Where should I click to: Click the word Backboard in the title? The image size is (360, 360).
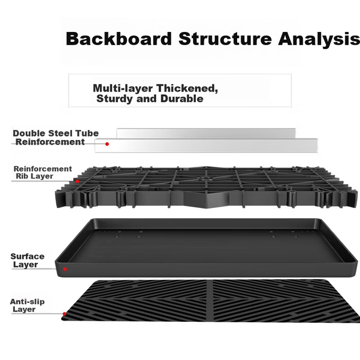119,39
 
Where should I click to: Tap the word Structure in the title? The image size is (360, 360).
225,39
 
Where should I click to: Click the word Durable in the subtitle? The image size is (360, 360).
182,99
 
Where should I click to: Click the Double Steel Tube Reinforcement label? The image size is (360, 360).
56,138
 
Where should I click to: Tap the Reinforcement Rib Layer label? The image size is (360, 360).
43,173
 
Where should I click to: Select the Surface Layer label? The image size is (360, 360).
27,261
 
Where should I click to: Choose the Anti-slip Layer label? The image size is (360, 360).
27,305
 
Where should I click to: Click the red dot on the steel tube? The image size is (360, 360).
107,144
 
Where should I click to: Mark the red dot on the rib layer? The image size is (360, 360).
77,181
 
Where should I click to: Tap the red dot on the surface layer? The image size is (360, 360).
65,269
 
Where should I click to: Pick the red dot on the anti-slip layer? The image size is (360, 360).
65,314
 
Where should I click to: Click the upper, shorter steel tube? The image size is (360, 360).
206,133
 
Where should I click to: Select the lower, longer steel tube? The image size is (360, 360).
206,145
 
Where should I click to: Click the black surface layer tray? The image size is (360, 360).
206,248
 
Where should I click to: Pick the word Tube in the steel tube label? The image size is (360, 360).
87,133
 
